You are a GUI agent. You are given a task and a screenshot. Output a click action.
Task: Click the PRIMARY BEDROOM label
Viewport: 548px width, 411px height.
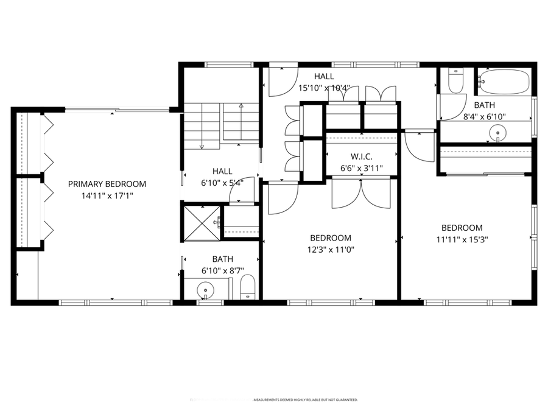[x=107, y=184]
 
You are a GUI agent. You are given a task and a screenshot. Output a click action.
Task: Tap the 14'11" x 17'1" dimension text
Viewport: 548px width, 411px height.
[x=107, y=196]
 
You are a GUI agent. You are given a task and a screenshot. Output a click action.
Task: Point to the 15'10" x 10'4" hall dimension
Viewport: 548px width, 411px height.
[x=324, y=88]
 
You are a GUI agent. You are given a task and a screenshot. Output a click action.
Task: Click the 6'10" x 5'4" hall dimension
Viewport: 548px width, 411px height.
[x=222, y=182]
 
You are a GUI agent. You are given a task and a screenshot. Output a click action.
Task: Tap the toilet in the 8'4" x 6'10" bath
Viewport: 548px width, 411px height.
[x=455, y=80]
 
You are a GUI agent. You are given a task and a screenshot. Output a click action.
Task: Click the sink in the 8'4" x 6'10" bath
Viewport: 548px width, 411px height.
[x=499, y=130]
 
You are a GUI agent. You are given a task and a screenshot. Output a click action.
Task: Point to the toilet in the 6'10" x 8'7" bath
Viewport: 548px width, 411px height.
[x=247, y=288]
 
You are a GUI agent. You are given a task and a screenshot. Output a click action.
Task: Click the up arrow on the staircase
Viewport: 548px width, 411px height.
[x=241, y=107]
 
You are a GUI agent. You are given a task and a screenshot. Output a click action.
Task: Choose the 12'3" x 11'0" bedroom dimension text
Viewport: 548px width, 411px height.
[x=331, y=250]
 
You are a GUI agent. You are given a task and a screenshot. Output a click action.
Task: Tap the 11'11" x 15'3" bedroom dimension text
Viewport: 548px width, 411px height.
[x=462, y=239]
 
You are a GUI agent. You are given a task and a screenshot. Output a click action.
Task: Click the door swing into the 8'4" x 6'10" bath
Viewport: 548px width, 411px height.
[x=451, y=108]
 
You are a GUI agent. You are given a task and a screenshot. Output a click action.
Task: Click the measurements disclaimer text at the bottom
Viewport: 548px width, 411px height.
[x=306, y=400]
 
